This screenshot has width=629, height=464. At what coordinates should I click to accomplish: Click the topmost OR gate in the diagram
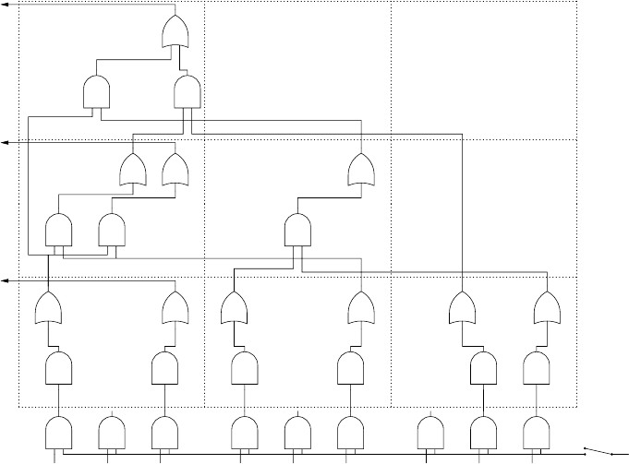tap(175, 32)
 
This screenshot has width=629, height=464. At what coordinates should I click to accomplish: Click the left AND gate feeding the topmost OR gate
tap(97, 91)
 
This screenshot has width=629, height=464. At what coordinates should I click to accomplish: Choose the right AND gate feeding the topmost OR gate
tap(187, 91)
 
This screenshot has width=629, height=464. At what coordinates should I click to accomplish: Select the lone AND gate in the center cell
tap(297, 230)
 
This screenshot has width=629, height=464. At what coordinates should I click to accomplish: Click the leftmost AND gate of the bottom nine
tap(59, 432)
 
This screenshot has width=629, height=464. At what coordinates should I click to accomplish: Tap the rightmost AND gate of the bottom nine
tap(536, 432)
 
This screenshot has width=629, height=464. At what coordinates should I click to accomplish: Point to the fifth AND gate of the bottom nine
tap(297, 432)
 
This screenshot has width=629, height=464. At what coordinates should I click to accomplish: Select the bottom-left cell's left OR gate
tap(47, 308)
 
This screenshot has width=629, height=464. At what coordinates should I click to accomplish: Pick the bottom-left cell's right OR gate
tap(175, 308)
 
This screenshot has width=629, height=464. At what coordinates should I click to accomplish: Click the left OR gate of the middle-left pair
tap(134, 170)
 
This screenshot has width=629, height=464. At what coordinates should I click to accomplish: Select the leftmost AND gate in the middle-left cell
tap(59, 230)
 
